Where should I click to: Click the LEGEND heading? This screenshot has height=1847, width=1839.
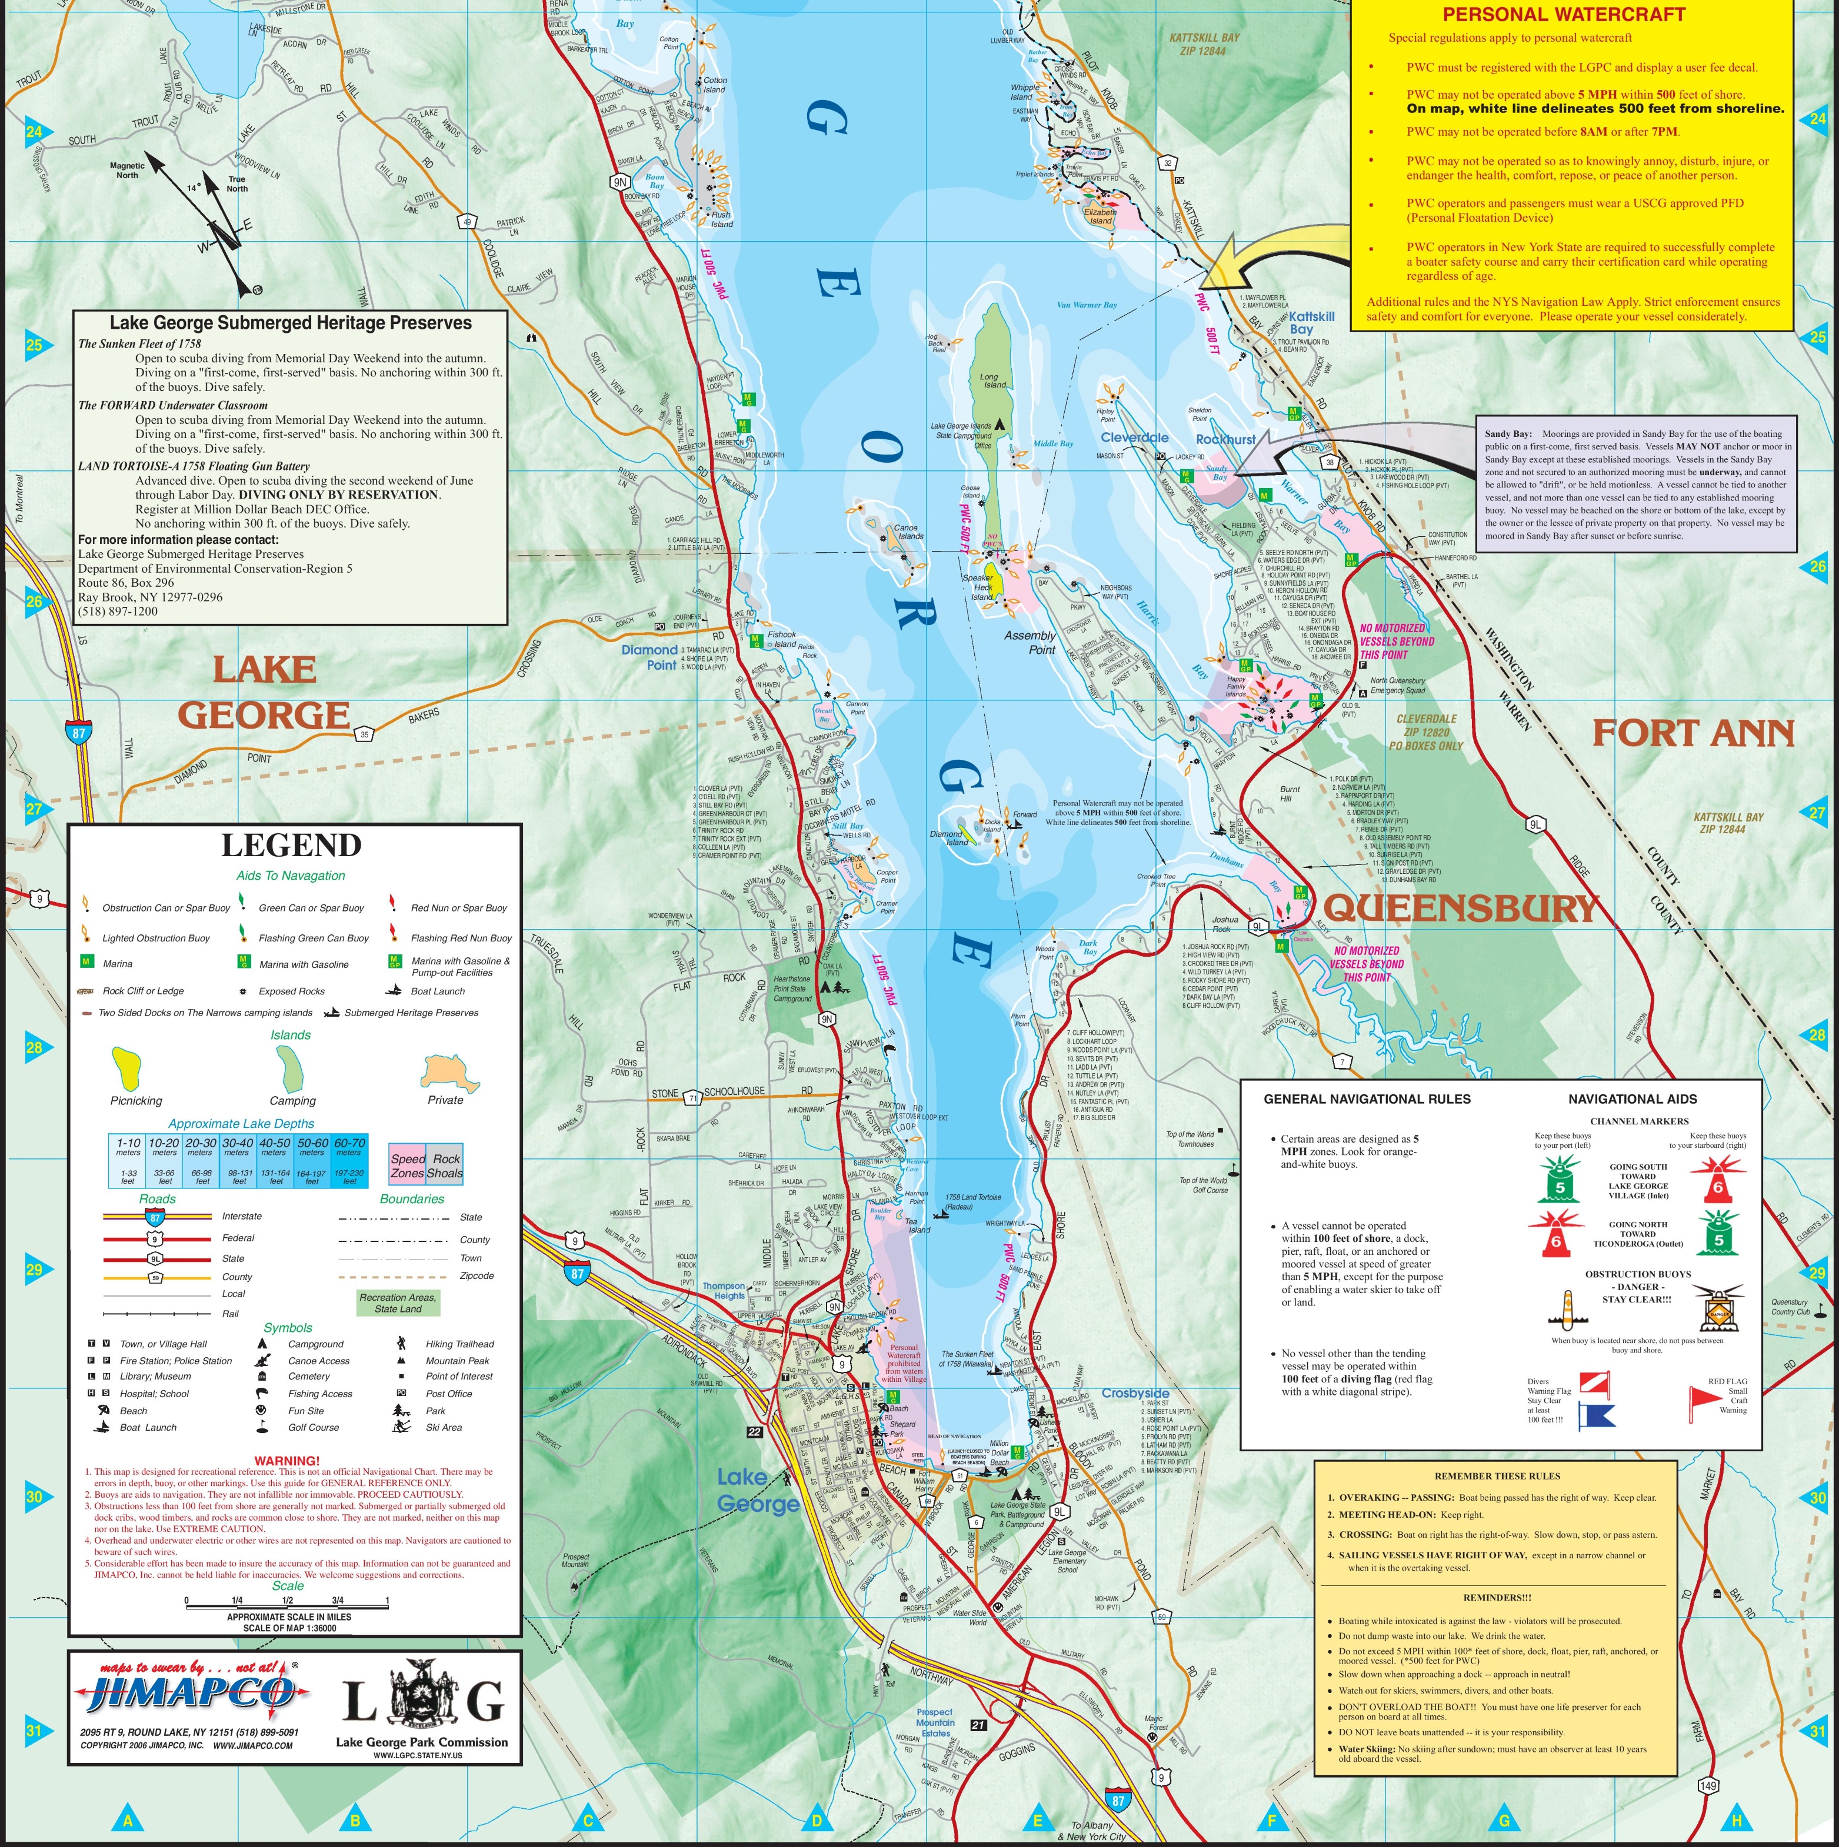click(292, 845)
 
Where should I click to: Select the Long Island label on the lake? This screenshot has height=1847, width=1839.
click(994, 380)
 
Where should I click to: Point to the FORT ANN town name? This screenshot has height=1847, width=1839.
click(1693, 733)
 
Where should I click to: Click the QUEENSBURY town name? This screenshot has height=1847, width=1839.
click(1460, 907)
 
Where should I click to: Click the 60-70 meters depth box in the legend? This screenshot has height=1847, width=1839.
click(348, 1161)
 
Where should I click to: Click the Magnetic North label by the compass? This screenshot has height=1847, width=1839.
click(127, 170)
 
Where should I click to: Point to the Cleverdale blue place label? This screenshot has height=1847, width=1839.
click(1134, 437)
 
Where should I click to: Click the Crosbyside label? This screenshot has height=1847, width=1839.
click(1135, 1393)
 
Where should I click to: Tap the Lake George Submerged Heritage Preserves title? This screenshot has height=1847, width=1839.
click(291, 323)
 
